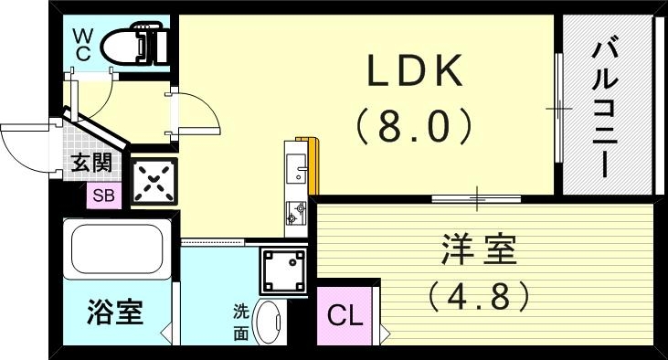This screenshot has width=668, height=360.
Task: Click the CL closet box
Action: click(345, 317)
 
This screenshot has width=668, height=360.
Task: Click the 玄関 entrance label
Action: click(91, 164)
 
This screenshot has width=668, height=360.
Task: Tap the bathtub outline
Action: click(116, 249)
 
